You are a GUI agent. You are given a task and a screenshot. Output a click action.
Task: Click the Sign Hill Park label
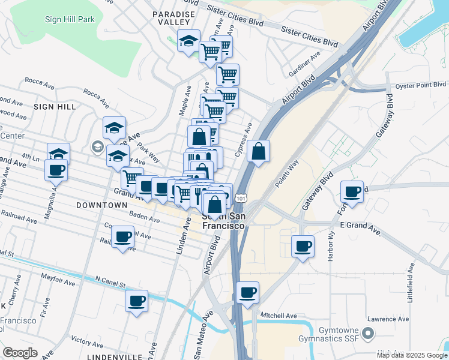(x=70, y=20)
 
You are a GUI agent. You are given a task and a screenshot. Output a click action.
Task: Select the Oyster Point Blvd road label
(x=422, y=85)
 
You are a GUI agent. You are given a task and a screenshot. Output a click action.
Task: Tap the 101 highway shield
(x=241, y=197)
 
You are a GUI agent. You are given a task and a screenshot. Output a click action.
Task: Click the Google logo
(x=20, y=353)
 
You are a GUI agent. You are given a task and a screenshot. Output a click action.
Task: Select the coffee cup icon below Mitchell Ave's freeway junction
(x=247, y=293)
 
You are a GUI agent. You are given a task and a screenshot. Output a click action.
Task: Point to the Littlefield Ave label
(x=411, y=283)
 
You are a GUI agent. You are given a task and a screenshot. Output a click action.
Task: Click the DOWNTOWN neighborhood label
(x=102, y=205)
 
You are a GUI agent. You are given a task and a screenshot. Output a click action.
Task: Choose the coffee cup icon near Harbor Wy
(x=303, y=245)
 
